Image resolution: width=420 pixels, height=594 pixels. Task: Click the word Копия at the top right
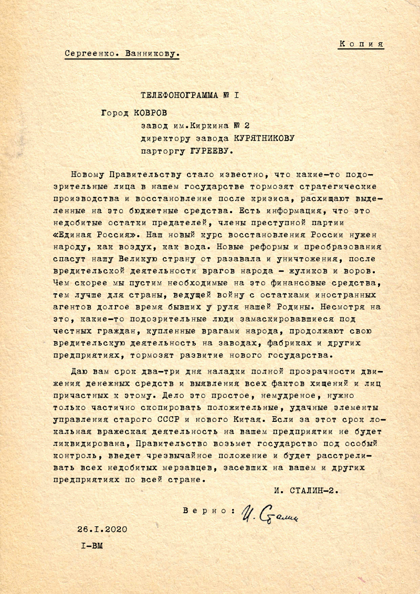361,44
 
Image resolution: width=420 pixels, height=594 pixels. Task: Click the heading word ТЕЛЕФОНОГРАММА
179,96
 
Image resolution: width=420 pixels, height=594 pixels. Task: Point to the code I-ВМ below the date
92,546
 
